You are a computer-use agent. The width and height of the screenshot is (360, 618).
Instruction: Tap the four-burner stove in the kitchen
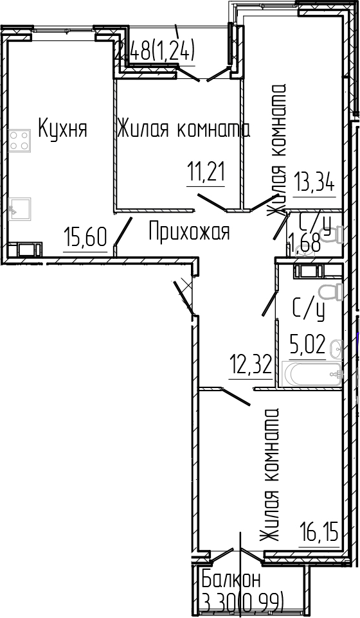20,140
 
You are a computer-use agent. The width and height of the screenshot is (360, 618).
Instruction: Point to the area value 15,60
85,238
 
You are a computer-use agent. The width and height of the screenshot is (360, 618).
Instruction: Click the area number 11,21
206,172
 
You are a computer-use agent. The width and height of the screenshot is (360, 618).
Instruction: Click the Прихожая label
189,231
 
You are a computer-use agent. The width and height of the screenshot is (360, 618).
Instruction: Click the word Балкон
231,579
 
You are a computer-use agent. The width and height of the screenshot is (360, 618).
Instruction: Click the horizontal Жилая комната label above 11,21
183,129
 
